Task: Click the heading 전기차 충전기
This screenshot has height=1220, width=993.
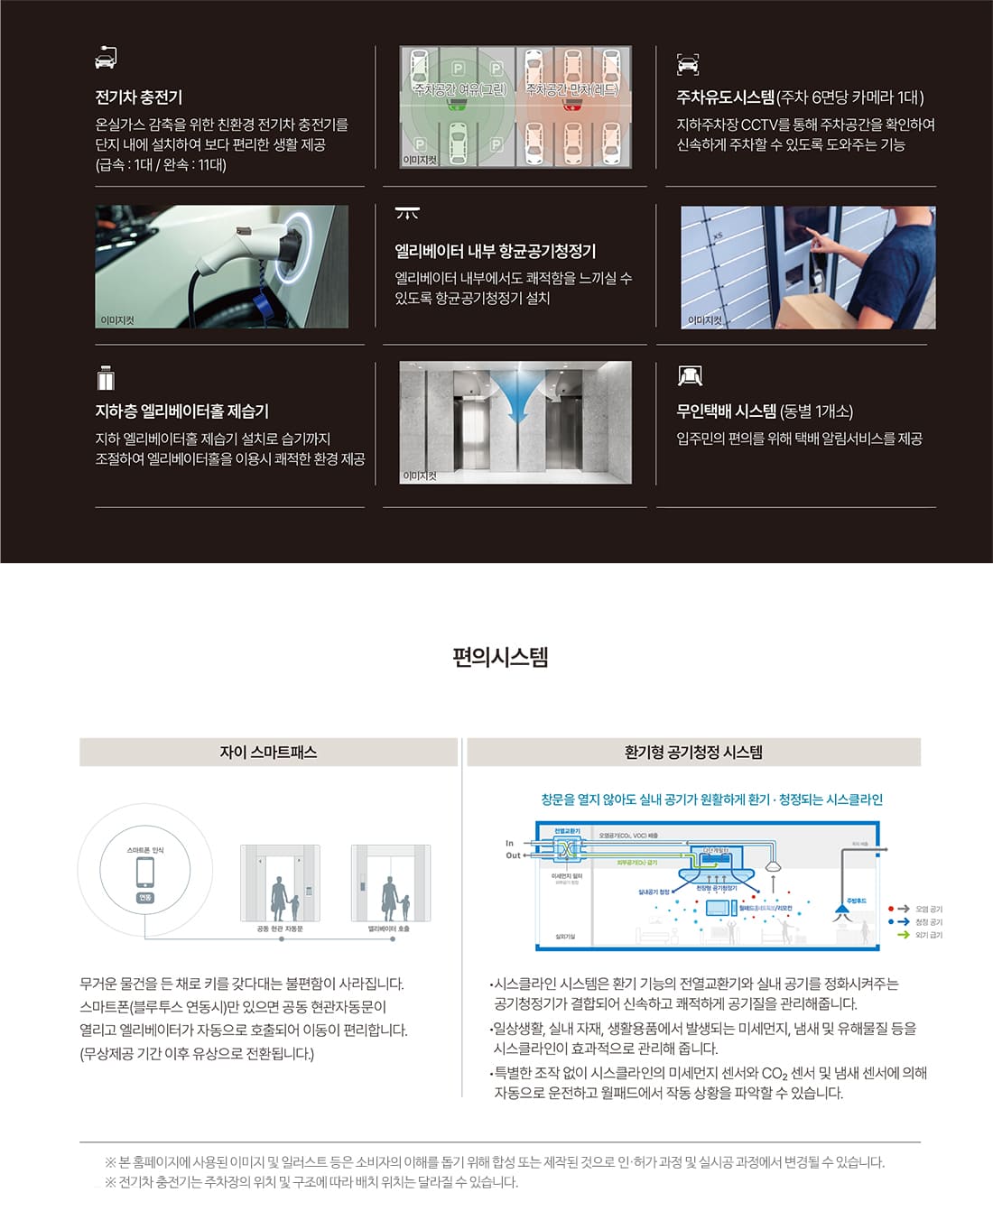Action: (139, 97)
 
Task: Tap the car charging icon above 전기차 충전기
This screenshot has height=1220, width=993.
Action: (106, 58)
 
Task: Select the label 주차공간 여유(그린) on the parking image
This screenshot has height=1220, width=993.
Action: (459, 89)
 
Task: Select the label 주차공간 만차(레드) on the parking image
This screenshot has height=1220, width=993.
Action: (572, 89)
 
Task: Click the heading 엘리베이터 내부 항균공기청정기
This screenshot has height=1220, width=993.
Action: (495, 251)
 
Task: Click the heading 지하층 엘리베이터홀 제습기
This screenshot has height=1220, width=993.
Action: (182, 411)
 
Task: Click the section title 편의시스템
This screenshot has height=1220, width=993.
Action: (500, 657)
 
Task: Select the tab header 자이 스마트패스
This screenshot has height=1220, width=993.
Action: (268, 752)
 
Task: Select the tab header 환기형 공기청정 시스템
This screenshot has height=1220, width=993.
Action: (693, 752)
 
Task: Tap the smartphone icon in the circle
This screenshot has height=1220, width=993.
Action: (145, 873)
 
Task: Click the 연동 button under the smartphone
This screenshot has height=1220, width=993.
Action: (145, 898)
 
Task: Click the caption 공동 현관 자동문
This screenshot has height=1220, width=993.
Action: (280, 929)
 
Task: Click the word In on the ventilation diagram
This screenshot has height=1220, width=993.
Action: (509, 843)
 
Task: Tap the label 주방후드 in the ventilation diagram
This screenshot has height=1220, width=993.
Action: (856, 901)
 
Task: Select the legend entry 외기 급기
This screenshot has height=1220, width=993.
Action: (928, 935)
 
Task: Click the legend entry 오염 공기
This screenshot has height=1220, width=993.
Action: (928, 909)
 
